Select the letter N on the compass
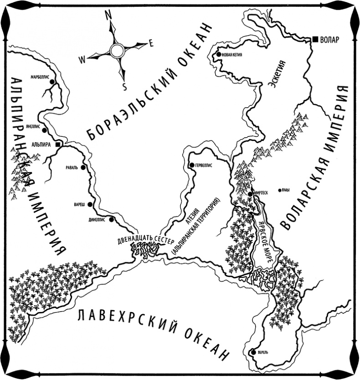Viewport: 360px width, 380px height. coord(108,14)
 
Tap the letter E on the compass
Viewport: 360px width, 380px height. coord(151,44)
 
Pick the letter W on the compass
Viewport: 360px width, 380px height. coord(82,58)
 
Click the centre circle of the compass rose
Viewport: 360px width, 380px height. coord(117,50)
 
